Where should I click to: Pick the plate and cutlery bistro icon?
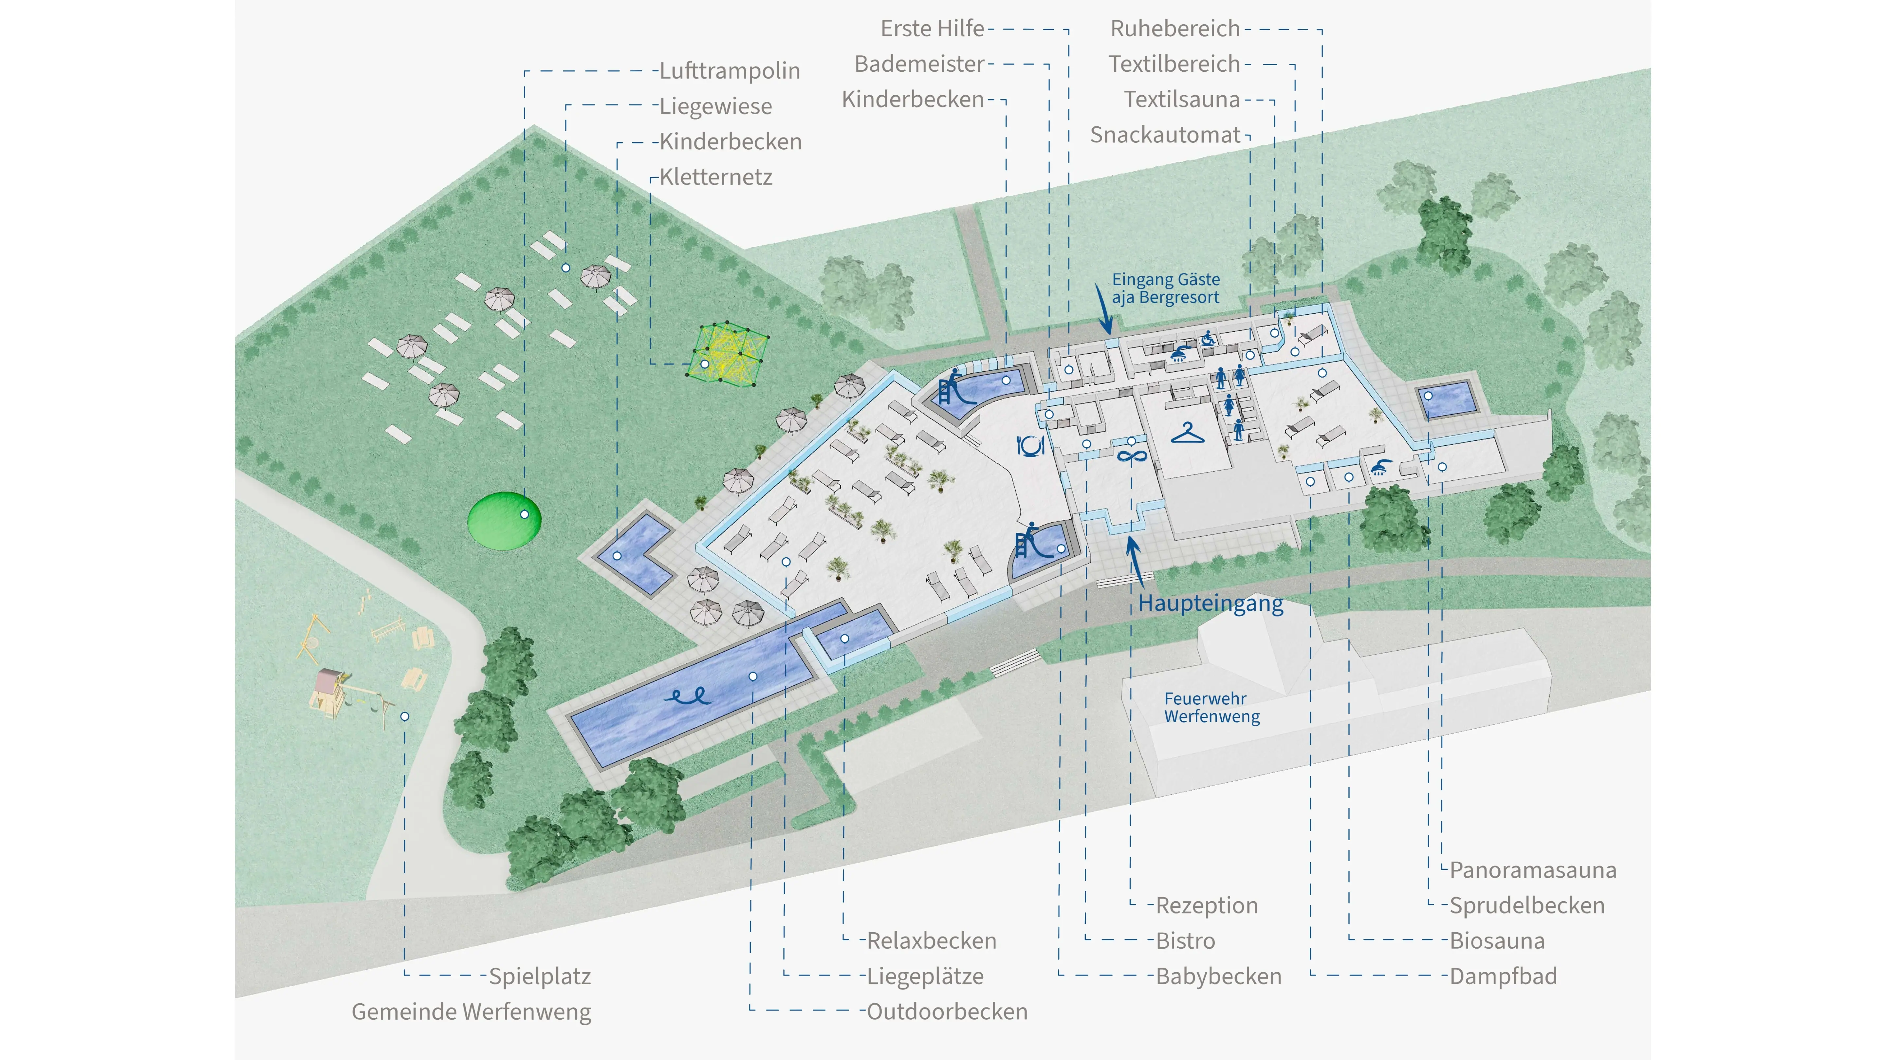pyautogui.click(x=1030, y=445)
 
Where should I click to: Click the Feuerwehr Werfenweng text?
pyautogui.click(x=1212, y=707)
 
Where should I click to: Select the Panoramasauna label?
pyautogui.click(x=1532, y=870)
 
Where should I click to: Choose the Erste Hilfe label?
pyautogui.click(x=932, y=28)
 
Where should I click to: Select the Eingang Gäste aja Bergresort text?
pyautogui.click(x=1166, y=288)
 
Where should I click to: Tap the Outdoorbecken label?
pyautogui.click(x=947, y=1012)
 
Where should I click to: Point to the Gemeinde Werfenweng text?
pyautogui.click(x=471, y=1012)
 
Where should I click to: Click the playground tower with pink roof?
pyautogui.click(x=328, y=688)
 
